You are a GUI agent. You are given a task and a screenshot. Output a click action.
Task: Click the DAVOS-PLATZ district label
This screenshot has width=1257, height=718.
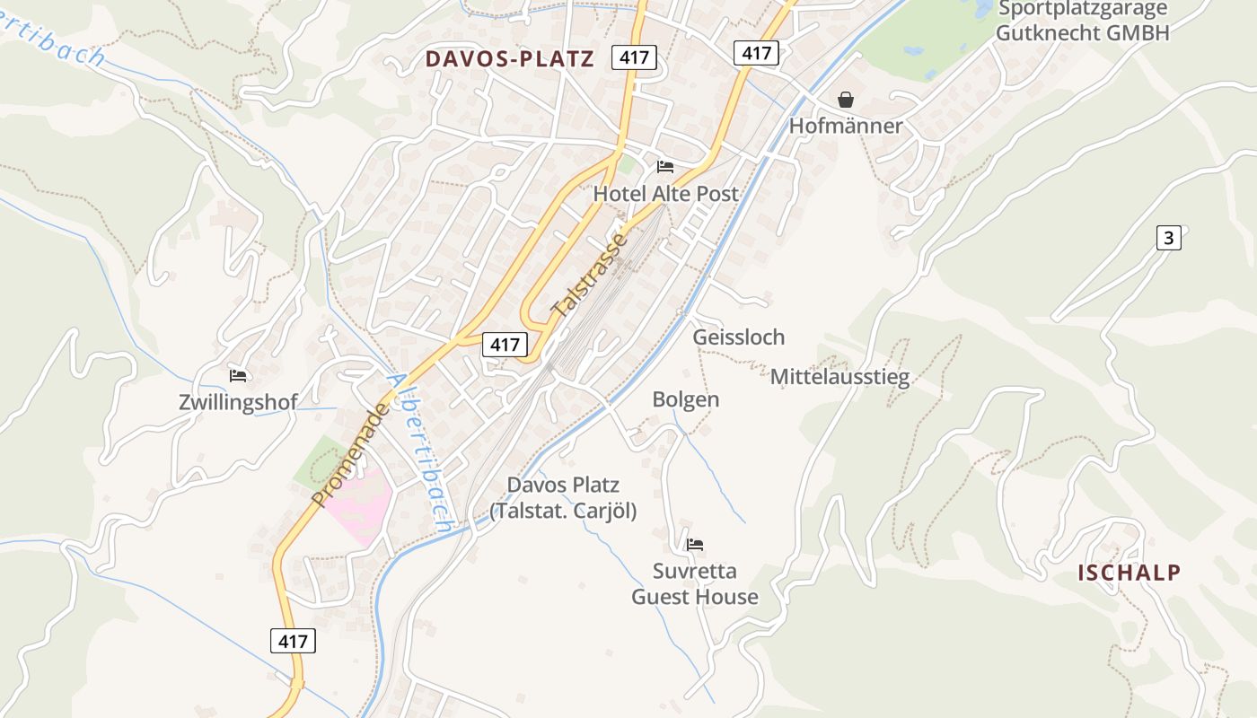pyautogui.click(x=509, y=59)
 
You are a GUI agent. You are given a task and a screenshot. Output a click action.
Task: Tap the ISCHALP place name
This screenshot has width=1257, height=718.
pyautogui.click(x=1129, y=573)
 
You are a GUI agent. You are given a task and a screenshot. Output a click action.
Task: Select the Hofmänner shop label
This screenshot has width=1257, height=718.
pyautogui.click(x=845, y=126)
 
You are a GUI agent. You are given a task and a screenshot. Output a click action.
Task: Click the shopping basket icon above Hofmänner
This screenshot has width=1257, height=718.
pyautogui.click(x=846, y=100)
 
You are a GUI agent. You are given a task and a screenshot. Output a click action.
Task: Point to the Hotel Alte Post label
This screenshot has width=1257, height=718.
pyautogui.click(x=665, y=194)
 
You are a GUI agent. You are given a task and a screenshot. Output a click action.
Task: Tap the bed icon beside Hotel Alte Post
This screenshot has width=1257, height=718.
pyautogui.click(x=665, y=167)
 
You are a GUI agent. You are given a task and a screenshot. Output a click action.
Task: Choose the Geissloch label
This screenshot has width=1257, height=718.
pyautogui.click(x=738, y=337)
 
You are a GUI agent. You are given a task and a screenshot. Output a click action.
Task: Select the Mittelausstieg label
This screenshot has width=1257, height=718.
pyautogui.click(x=839, y=377)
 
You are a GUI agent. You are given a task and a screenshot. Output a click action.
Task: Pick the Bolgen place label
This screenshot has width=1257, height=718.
pyautogui.click(x=686, y=399)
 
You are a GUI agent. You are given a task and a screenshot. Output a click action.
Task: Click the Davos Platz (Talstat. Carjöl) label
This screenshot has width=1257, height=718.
pyautogui.click(x=563, y=498)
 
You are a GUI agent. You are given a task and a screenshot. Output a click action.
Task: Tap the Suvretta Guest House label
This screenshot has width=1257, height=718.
pyautogui.click(x=695, y=584)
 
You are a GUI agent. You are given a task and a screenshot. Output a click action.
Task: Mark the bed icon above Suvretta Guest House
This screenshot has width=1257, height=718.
pyautogui.click(x=695, y=545)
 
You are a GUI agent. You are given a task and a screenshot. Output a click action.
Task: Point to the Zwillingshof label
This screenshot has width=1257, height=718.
pyautogui.click(x=238, y=402)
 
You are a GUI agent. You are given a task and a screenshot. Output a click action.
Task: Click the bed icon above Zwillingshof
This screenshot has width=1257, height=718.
pyautogui.click(x=238, y=376)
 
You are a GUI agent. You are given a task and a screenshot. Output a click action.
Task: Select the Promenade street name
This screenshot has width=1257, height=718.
pyautogui.click(x=352, y=454)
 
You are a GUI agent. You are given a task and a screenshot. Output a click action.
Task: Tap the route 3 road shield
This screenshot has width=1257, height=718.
pyautogui.click(x=1168, y=238)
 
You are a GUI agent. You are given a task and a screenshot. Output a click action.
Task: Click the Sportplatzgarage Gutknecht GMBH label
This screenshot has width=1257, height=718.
pyautogui.click(x=1083, y=22)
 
